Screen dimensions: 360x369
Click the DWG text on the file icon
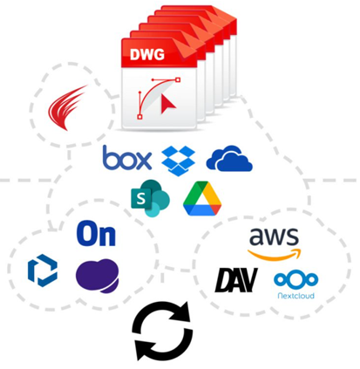147,54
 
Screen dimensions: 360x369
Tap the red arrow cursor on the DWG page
168,104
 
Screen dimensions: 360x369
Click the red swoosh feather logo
68,107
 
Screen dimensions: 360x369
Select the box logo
127,158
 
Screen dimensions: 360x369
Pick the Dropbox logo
179,161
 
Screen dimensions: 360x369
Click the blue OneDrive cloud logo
229,158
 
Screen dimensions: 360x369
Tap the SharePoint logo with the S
150,199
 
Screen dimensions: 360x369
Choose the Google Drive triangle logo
202,199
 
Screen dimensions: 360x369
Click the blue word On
96,234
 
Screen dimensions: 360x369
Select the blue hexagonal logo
43,270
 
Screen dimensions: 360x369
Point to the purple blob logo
98,276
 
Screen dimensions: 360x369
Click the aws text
274,236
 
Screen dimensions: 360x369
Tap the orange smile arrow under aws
275,254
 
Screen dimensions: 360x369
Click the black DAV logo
236,280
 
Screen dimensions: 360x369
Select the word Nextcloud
296,296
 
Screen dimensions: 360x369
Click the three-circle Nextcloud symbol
296,279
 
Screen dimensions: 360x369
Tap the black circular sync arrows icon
162,331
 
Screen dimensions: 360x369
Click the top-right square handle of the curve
178,79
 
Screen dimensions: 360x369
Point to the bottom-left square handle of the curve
139,117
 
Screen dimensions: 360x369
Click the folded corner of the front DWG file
188,51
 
